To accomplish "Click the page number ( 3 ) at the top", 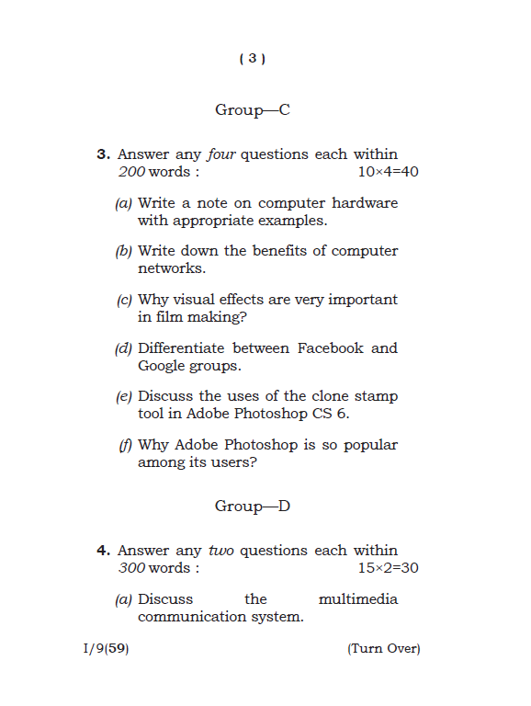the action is click(x=252, y=59).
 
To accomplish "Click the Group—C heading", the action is click(x=253, y=110).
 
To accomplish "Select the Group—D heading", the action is click(x=253, y=507).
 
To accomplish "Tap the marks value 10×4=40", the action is click(x=388, y=172).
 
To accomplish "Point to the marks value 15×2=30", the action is click(x=388, y=568).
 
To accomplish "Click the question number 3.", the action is click(x=104, y=154).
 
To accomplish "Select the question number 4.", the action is click(x=104, y=551).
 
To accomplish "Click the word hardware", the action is click(x=365, y=203).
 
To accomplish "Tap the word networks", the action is click(x=171, y=268).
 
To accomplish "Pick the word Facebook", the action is click(x=330, y=348).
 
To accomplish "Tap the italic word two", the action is click(x=221, y=551).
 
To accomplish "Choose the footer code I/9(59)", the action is click(x=106, y=649).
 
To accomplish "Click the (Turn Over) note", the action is click(x=383, y=649).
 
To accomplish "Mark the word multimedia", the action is click(x=357, y=599).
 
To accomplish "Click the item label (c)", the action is click(x=124, y=300).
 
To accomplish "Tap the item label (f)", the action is click(x=125, y=445).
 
